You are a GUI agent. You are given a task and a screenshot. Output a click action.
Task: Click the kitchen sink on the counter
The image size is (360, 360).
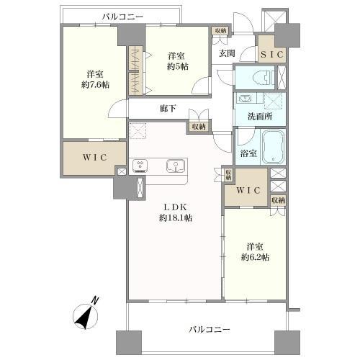tap(175, 166)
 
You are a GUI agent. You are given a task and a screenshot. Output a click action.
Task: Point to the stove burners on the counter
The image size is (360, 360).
tap(140, 166)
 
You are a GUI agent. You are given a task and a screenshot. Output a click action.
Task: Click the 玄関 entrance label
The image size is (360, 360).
tap(228, 52)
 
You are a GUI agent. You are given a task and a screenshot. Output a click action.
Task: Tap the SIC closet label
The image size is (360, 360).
tap(271, 55)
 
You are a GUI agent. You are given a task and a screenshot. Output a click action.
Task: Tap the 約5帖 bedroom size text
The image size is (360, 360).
tap(178, 66)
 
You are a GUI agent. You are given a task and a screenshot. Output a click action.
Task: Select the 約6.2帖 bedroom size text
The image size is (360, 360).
tap(256, 258)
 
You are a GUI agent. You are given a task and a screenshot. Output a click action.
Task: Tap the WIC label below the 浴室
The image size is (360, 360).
tap(246, 190)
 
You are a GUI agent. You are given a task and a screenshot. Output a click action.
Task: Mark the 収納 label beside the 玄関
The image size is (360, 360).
tap(220, 30)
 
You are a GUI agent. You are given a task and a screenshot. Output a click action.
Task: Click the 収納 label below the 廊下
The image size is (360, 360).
tap(197, 127)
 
